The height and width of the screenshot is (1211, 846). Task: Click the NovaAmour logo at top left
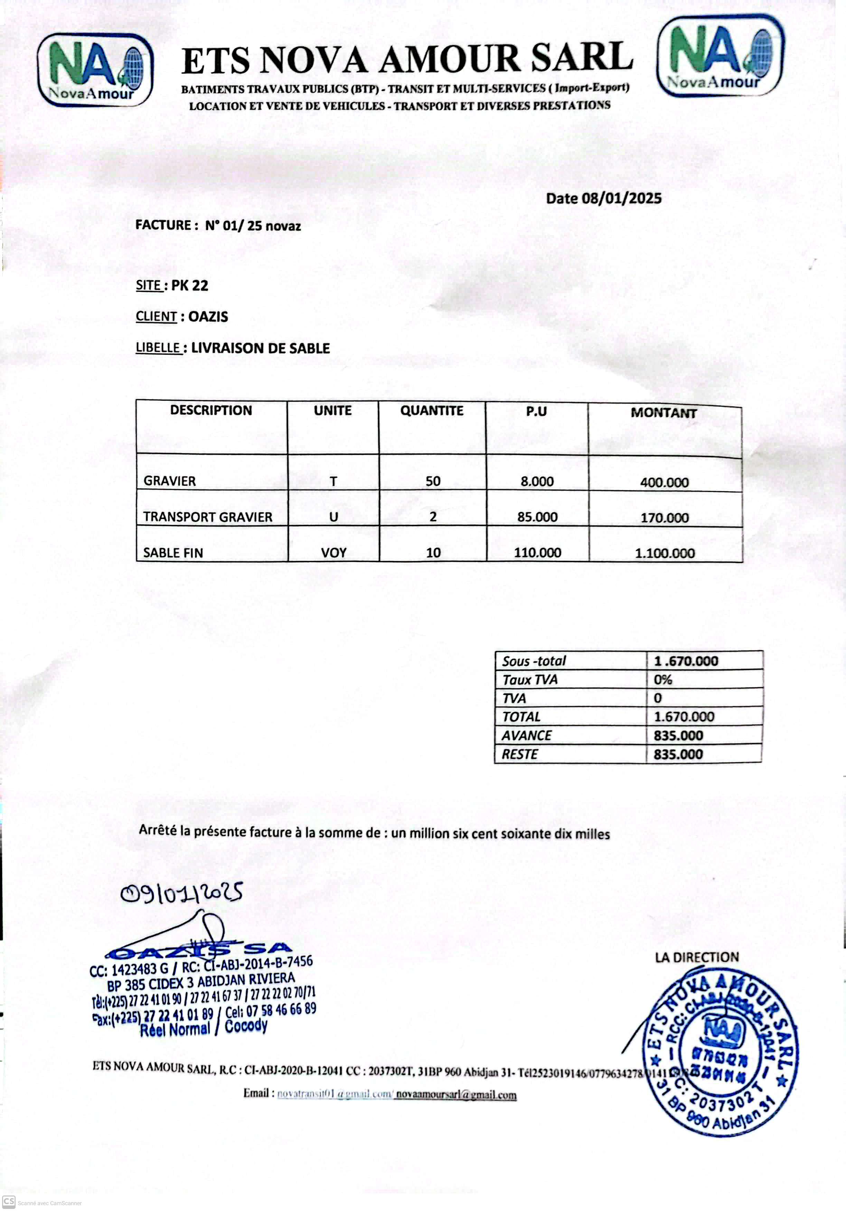(x=95, y=69)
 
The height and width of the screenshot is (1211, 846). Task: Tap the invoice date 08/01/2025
(x=621, y=199)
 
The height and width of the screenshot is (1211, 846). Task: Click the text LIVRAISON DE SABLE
(x=260, y=348)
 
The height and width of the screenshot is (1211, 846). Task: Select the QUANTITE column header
(x=432, y=411)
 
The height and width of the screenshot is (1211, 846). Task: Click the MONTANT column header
(x=664, y=413)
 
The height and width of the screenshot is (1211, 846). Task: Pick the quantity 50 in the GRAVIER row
(x=433, y=481)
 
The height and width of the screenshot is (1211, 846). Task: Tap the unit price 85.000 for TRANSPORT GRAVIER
(x=537, y=517)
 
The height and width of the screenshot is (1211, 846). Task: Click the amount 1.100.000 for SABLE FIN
(x=665, y=553)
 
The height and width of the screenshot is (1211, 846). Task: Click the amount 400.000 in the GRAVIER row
(x=664, y=482)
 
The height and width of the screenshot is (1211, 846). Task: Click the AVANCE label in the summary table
(x=526, y=735)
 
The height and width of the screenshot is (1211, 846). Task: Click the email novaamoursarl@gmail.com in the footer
(x=456, y=1094)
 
